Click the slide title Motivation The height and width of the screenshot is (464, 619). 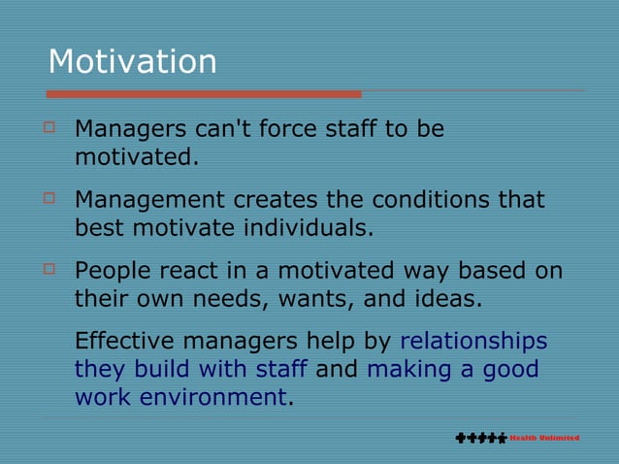132,61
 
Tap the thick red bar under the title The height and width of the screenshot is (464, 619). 204,94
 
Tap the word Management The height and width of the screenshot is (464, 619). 150,200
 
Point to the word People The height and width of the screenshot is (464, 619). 113,271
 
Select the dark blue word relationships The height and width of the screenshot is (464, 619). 473,342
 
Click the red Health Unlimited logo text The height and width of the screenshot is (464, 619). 544,438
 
